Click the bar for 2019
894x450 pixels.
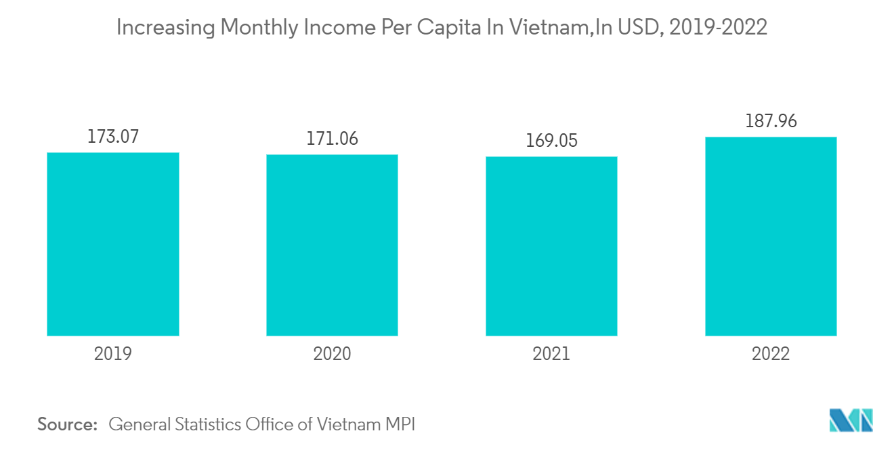[112, 244]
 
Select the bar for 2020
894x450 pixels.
[332, 245]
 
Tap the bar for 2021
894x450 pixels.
[551, 246]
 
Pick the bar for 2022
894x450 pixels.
[771, 236]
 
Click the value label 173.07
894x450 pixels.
[112, 137]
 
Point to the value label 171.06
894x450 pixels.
[332, 139]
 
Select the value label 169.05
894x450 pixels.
[551, 141]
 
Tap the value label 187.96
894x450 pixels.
[771, 122]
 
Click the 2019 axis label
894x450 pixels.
[112, 354]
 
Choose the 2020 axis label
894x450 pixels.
[332, 354]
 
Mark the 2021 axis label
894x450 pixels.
[551, 354]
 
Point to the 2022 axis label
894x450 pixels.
[771, 354]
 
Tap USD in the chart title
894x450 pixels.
[633, 28]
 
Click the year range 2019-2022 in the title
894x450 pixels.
[717, 28]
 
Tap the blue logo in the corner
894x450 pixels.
[851, 420]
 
